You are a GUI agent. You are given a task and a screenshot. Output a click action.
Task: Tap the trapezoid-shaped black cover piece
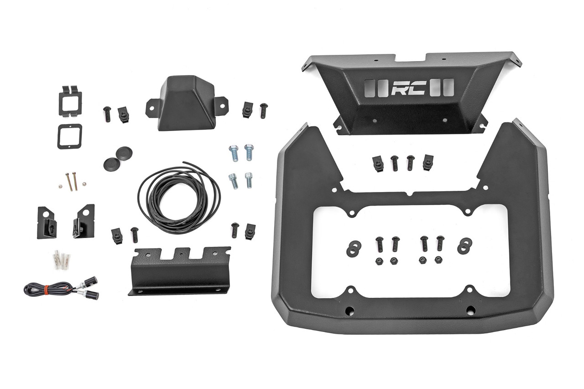pyautogui.click(x=185, y=103)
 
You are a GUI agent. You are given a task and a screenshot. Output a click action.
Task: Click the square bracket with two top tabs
pyautogui.click(x=69, y=100)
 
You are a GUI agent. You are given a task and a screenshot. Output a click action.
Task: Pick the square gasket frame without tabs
pyautogui.click(x=69, y=135)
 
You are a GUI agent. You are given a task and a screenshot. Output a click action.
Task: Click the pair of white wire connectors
pyautogui.click(x=61, y=261)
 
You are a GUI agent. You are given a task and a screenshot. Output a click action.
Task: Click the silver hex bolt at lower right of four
pyautogui.click(x=249, y=180)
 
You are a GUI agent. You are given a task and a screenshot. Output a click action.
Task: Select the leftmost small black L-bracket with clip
pyautogui.click(x=46, y=222)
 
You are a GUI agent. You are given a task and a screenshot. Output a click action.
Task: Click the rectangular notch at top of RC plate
pyautogui.click(x=411, y=58)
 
